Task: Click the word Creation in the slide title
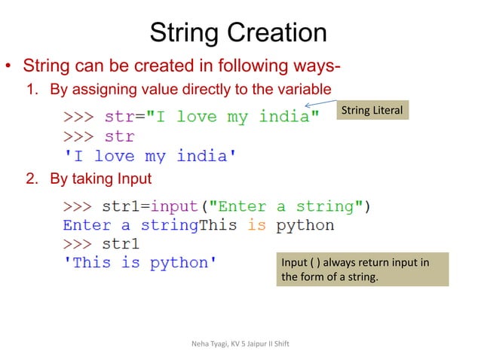tap(279, 32)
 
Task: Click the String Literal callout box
tap(372, 111)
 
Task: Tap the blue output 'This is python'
tap(139, 263)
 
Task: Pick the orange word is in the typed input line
tap(256, 225)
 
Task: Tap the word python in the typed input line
tap(305, 225)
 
